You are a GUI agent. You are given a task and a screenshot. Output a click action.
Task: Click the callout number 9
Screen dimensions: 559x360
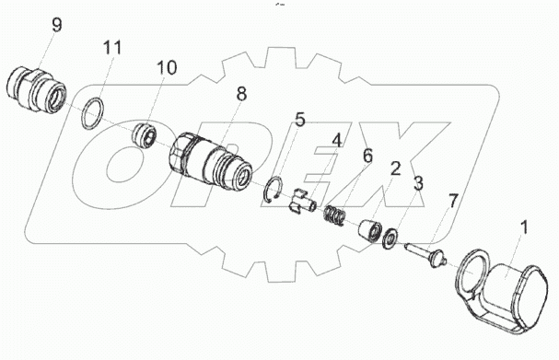click(x=56, y=25)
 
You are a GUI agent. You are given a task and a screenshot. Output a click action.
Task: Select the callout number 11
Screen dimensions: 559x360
click(x=112, y=47)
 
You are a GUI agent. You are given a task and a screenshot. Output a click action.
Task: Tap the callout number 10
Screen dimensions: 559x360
click(x=167, y=67)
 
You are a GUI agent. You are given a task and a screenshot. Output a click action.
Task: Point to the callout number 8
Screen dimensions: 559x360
click(x=241, y=94)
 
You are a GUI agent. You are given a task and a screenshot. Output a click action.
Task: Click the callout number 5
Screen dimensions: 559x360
click(x=300, y=120)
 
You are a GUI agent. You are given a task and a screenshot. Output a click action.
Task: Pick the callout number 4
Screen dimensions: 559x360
click(x=336, y=141)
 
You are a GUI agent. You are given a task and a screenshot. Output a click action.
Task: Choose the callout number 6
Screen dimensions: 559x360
click(x=367, y=157)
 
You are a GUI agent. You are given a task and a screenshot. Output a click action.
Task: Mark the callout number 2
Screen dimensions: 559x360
click(x=395, y=168)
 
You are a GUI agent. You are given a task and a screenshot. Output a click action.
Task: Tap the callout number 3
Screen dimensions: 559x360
click(x=418, y=183)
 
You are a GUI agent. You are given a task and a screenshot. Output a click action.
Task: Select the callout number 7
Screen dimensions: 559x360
click(x=452, y=203)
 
